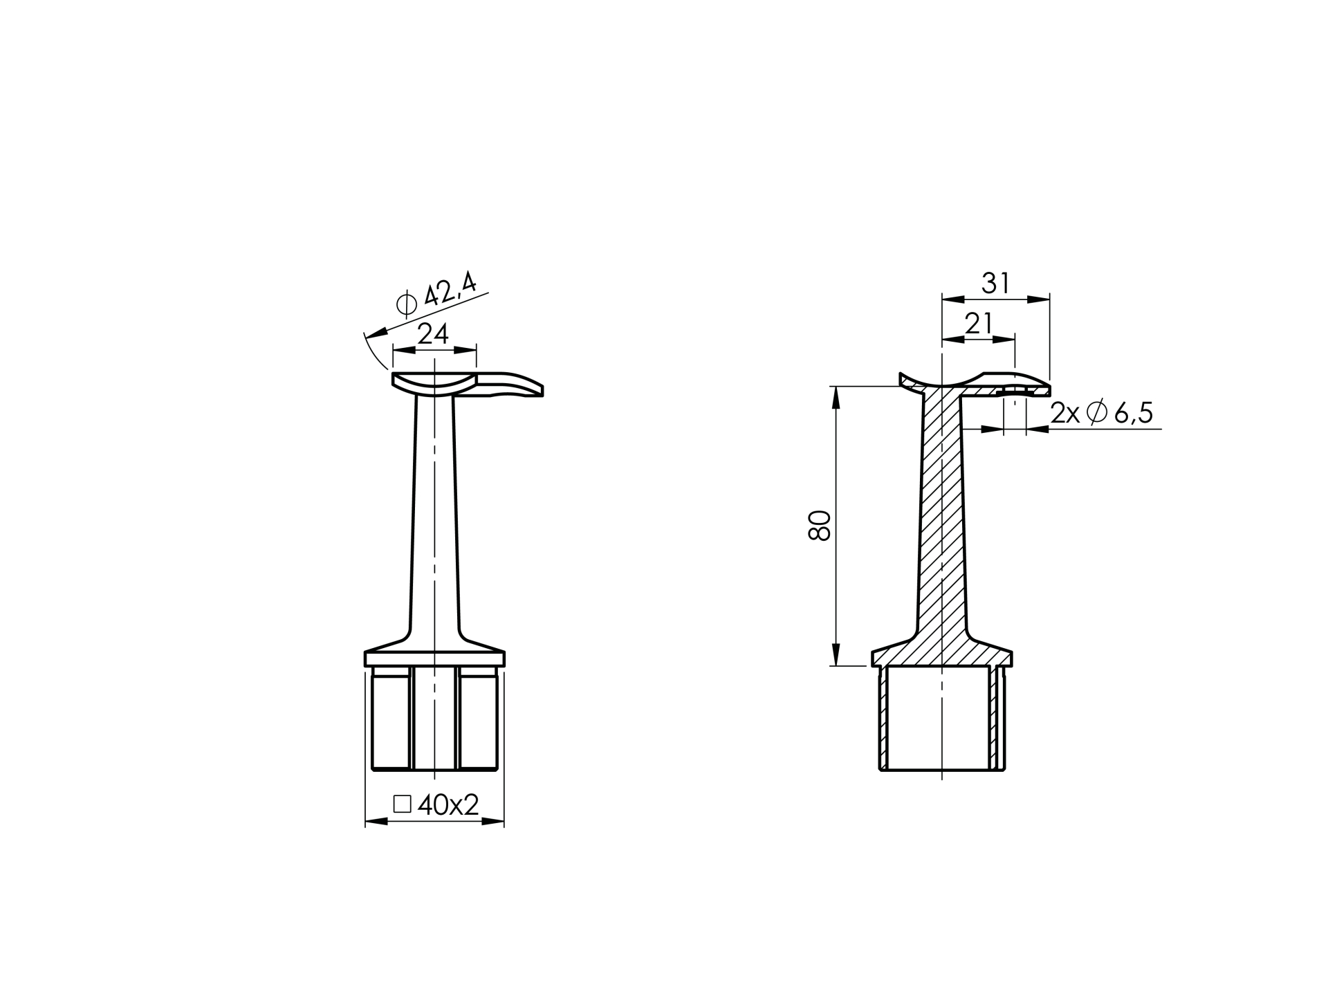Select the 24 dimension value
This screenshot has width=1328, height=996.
[434, 334]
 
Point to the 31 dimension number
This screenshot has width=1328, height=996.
[995, 284]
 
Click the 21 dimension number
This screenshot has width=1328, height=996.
[978, 324]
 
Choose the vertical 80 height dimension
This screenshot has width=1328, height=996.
[820, 526]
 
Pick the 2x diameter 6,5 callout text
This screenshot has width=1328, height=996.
[1101, 413]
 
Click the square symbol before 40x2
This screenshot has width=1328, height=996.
[403, 804]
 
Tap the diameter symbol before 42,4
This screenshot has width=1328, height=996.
[407, 304]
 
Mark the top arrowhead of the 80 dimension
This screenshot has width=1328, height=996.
[836, 397]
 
